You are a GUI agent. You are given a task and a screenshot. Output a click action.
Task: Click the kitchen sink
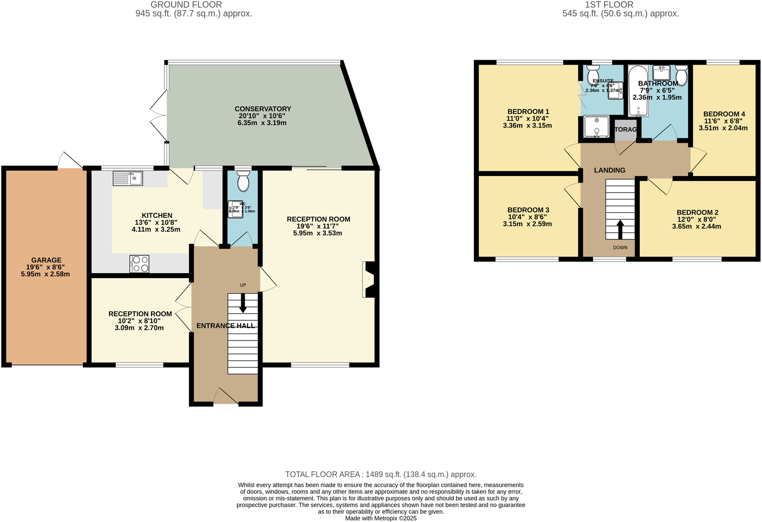tap(128, 178)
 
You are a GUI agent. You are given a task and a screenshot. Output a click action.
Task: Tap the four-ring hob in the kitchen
tap(139, 264)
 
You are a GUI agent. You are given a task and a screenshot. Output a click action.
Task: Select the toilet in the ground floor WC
tap(243, 181)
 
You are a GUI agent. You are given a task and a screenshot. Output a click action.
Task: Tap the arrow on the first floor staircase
tap(620, 230)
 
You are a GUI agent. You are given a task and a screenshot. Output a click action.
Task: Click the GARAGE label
tap(46, 260)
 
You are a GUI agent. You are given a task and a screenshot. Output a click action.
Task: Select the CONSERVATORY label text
tap(263, 109)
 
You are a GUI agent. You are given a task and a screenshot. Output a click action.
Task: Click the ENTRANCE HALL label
tap(225, 326)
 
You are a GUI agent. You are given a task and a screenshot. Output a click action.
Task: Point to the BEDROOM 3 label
tap(528, 210)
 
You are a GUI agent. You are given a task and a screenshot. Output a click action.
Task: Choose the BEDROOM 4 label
tap(724, 114)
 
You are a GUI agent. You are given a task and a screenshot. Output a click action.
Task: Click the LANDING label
tap(609, 170)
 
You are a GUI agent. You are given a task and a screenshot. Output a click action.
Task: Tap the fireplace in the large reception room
tap(369, 279)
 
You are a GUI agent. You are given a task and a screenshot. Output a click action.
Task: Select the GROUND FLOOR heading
tap(186, 5)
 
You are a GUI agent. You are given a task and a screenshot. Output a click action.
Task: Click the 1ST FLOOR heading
tap(609, 5)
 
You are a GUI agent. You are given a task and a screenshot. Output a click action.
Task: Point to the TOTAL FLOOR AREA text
tap(380, 474)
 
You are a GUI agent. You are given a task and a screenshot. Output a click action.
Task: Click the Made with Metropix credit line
tap(380, 518)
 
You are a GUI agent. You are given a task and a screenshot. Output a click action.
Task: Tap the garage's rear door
tap(71, 161)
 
